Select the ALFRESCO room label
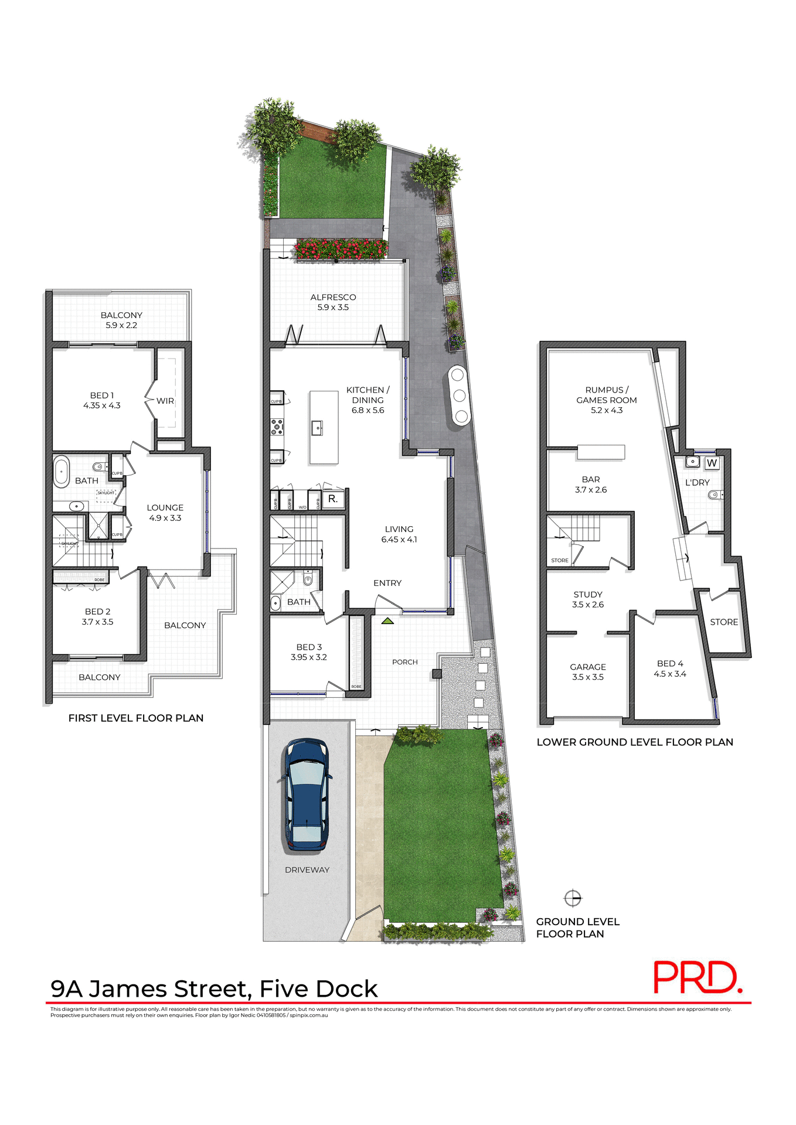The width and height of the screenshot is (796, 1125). point(333,298)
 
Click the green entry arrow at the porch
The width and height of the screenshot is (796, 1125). point(387,621)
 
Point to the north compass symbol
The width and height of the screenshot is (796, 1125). point(572,898)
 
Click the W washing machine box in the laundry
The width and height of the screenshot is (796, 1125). point(712,463)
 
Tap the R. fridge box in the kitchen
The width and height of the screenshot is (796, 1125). point(333,499)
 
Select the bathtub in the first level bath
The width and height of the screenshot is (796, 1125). point(62,472)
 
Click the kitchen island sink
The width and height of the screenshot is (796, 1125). point(317,428)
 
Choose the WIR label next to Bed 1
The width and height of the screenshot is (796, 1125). point(165,401)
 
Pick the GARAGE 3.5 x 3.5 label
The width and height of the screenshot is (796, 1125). point(588,672)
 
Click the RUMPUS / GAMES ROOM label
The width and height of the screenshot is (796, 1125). point(607,400)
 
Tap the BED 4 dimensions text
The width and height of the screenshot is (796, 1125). point(670,674)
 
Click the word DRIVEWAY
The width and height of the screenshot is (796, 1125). point(307,870)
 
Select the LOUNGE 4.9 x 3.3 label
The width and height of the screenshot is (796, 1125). point(165,513)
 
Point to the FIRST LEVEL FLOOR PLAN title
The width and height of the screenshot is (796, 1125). point(136,718)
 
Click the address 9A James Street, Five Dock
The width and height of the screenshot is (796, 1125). point(214,989)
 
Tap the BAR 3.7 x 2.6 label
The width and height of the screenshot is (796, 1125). point(591,485)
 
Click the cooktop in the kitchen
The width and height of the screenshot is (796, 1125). point(277,426)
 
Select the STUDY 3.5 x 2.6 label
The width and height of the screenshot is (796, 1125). point(588,599)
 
